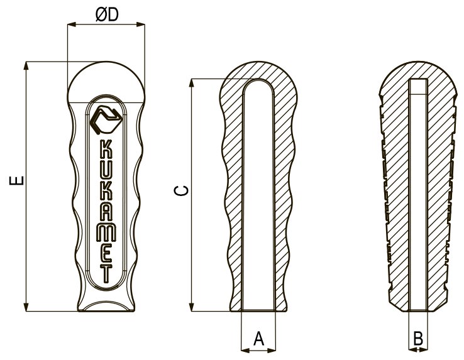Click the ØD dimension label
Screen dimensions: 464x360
(x=107, y=14)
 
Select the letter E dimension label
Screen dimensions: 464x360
(x=16, y=180)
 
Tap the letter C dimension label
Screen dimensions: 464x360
(x=181, y=191)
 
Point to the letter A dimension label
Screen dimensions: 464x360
(x=258, y=339)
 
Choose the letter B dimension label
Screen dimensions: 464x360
(x=418, y=339)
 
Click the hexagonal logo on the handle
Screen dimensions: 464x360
(x=106, y=119)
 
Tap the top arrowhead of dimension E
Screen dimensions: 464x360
(x=26, y=66)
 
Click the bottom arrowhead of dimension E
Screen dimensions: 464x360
(x=26, y=307)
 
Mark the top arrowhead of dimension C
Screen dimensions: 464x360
(x=192, y=83)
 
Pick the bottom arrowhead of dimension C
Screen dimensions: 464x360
(x=192, y=307)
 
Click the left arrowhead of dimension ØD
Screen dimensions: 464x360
(x=72, y=25)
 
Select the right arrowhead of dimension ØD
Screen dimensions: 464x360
(x=141, y=25)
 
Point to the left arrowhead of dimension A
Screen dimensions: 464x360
(x=246, y=350)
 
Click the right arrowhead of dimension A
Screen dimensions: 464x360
(x=272, y=350)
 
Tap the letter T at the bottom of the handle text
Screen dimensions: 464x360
(x=106, y=273)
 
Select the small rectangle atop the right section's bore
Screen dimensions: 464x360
(x=418, y=87)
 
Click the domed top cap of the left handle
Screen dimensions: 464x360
(x=106, y=82)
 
